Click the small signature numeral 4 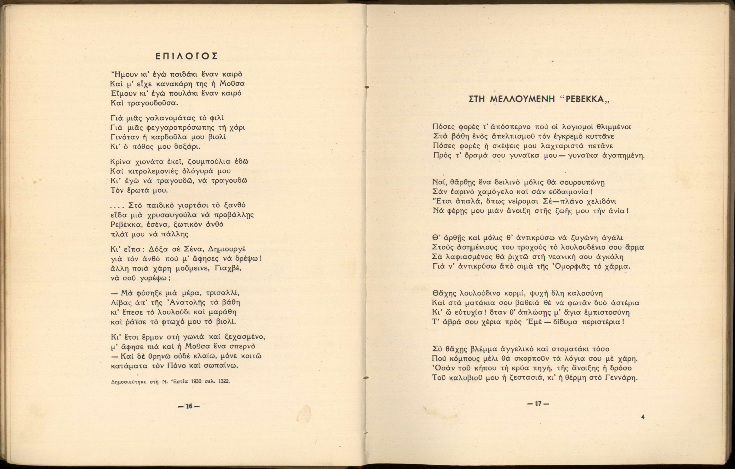643,417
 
